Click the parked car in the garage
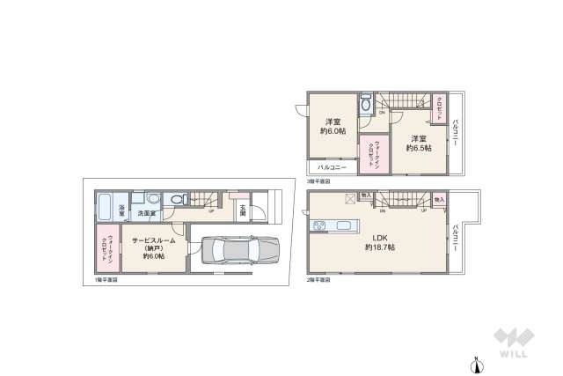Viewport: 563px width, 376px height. (x=235, y=250)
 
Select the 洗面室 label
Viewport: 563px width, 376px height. (x=145, y=213)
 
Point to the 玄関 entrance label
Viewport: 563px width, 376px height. (x=243, y=210)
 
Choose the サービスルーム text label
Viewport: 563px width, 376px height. (x=154, y=240)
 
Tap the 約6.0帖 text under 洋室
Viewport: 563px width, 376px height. (x=333, y=131)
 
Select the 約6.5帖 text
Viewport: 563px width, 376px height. (x=418, y=148)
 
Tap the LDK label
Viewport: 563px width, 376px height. (x=380, y=236)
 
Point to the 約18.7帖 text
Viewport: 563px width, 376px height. (x=380, y=247)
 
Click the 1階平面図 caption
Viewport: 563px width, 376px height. (x=105, y=279)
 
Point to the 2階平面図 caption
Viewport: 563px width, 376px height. (x=318, y=279)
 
